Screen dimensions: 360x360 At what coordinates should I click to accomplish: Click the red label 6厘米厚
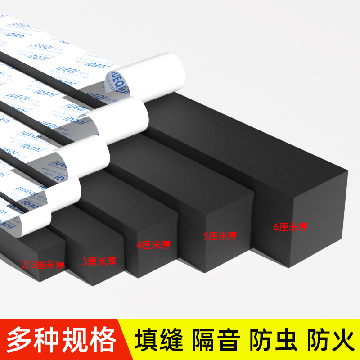click(x=291, y=227)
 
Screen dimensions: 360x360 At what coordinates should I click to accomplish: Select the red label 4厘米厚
click(x=153, y=245)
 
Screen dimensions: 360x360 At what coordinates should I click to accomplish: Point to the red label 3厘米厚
click(x=99, y=261)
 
